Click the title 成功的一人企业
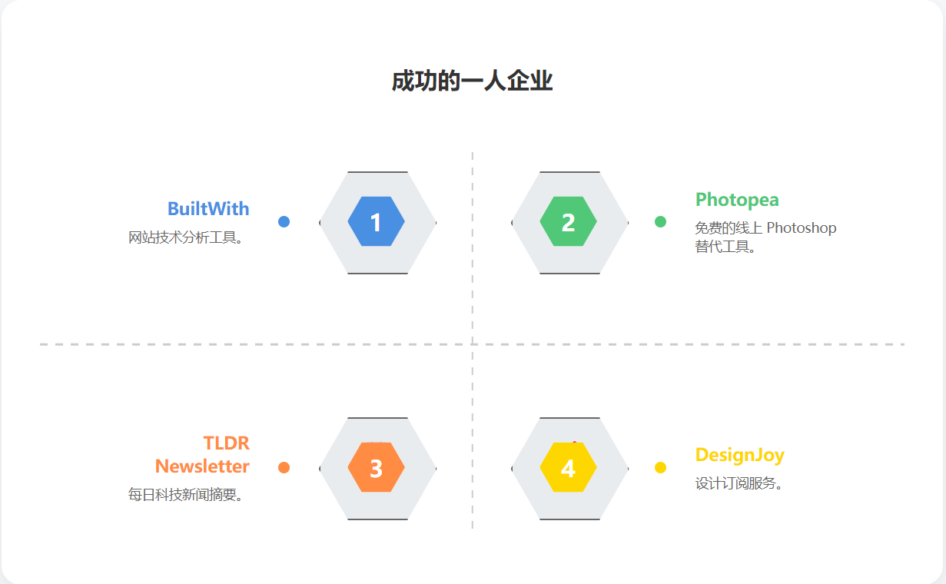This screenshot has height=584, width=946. pyautogui.click(x=472, y=81)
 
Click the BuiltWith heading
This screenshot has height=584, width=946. pyautogui.click(x=208, y=208)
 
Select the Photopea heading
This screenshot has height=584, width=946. pyautogui.click(x=737, y=200)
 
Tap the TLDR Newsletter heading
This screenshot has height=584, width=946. pyautogui.click(x=203, y=455)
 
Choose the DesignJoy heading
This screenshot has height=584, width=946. pyautogui.click(x=739, y=455)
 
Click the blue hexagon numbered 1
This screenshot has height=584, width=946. pyautogui.click(x=377, y=222)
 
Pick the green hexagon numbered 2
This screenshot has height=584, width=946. pyautogui.click(x=569, y=222)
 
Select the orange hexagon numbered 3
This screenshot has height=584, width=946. pyautogui.click(x=377, y=468)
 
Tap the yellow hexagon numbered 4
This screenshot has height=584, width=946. pyautogui.click(x=569, y=468)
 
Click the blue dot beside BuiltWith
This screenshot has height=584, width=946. pyautogui.click(x=284, y=222)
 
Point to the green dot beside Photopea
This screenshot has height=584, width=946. pyautogui.click(x=660, y=222)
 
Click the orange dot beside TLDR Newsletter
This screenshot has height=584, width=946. pyautogui.click(x=284, y=467)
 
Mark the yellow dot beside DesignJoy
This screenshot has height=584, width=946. pyautogui.click(x=660, y=467)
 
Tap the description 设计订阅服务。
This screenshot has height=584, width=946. pyautogui.click(x=739, y=484)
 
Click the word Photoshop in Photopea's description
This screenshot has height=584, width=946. pyautogui.click(x=802, y=228)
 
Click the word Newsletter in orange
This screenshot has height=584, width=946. pyautogui.click(x=203, y=466)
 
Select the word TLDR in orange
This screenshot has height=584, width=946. pyautogui.click(x=227, y=443)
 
